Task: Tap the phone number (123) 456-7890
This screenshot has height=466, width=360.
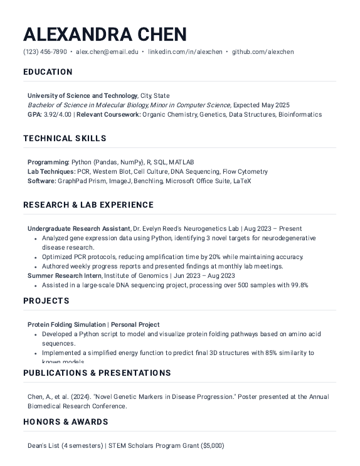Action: tap(45, 52)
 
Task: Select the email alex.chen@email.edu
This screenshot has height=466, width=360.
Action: tap(107, 52)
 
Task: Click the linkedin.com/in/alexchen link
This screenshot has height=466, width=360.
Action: tap(185, 52)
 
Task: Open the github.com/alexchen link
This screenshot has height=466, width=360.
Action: tap(263, 52)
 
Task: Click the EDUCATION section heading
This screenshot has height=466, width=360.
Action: tap(48, 72)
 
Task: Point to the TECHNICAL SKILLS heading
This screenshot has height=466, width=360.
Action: tap(65, 139)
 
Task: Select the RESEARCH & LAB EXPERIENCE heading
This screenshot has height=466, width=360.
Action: tap(88, 205)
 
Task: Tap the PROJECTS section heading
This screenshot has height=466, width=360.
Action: tap(46, 301)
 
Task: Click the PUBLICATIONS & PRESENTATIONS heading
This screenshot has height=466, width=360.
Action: tap(97, 373)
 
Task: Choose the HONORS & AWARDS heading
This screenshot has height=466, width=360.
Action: tap(66, 422)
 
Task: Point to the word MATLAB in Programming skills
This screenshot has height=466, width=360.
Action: tap(181, 162)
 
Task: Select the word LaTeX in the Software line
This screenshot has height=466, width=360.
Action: tap(242, 181)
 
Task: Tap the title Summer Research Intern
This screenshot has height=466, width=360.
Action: tap(65, 275)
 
